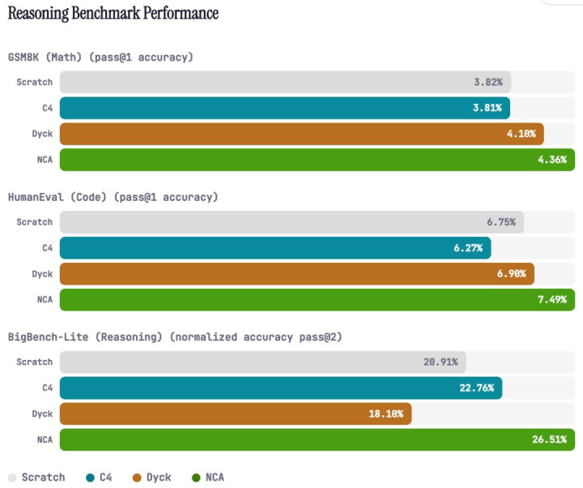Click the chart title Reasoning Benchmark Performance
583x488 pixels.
click(x=113, y=13)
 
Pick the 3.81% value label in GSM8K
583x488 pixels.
click(x=486, y=108)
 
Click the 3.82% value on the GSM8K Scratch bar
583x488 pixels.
click(x=487, y=82)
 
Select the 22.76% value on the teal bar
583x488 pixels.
click(x=476, y=387)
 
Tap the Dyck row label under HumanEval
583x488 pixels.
click(x=42, y=274)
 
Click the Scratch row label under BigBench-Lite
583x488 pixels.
click(x=35, y=362)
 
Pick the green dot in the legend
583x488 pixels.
click(x=197, y=477)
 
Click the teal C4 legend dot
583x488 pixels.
click(x=90, y=477)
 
